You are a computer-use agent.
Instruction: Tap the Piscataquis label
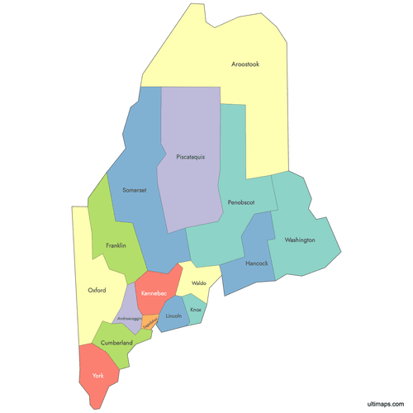pos(190,155)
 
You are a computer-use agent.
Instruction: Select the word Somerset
pos(134,190)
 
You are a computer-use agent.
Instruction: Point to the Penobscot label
pos(235,202)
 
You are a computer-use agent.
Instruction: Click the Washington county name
pos(299,240)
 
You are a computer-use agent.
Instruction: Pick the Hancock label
pos(257,263)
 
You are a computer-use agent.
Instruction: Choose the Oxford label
pos(97,290)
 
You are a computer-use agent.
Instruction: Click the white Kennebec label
pos(154,293)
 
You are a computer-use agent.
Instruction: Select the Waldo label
pos(198,283)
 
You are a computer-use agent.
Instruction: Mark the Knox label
pos(196,310)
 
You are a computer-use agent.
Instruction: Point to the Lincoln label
pos(173,316)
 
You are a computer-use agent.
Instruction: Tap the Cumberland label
pos(116,342)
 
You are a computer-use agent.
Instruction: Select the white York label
pos(98,376)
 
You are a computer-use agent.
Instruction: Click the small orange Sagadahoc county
pos(150,323)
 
